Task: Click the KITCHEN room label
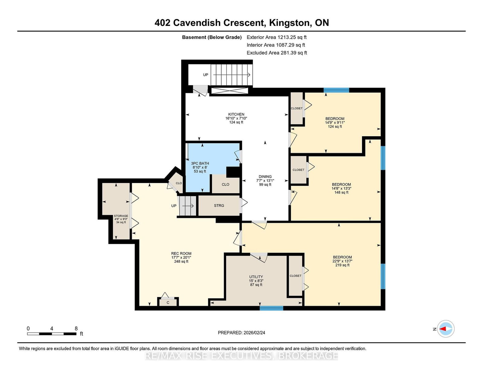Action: (x=236, y=114)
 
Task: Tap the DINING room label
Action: (x=265, y=177)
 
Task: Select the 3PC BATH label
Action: (x=200, y=163)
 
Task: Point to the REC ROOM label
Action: (x=181, y=254)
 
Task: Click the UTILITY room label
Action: (x=256, y=277)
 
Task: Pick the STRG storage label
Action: (x=219, y=206)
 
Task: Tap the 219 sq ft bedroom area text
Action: (x=342, y=265)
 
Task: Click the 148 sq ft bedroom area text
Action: (x=341, y=192)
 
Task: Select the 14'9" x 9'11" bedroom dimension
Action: (x=335, y=122)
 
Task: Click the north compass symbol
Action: (x=446, y=329)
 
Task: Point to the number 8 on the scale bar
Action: (x=76, y=329)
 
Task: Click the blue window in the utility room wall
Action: (x=271, y=308)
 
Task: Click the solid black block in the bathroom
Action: (x=233, y=172)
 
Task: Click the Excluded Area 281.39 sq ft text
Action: (x=277, y=53)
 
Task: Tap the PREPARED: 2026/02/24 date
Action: (x=241, y=333)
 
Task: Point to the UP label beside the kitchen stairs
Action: (x=206, y=75)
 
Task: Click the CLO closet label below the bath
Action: (x=226, y=185)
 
